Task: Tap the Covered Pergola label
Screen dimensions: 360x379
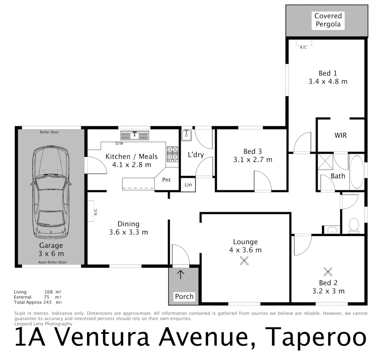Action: pos(328,20)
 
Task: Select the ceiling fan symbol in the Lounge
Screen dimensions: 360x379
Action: pos(244,262)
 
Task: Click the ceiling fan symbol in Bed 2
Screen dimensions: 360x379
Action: pos(328,272)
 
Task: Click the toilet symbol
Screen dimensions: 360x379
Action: pos(353,225)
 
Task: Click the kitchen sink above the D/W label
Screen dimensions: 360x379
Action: pos(135,136)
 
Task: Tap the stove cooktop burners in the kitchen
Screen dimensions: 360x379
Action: pos(172,154)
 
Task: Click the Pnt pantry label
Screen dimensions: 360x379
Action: pos(166,180)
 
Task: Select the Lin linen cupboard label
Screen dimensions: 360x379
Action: pos(188,185)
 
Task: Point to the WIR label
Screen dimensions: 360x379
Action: pos(340,135)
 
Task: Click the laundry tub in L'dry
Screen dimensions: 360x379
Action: pos(186,135)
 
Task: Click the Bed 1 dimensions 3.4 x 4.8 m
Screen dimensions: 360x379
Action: pos(328,81)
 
